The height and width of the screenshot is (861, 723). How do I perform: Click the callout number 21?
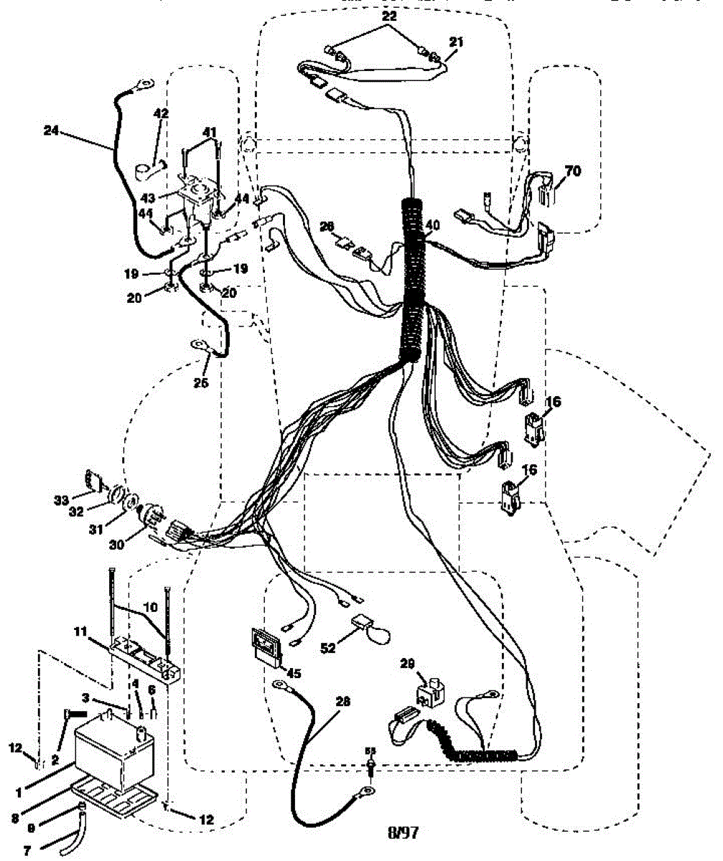pos(457,42)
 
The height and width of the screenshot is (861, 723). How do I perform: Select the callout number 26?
pos(327,226)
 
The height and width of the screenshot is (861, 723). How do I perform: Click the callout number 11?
pos(81,631)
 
